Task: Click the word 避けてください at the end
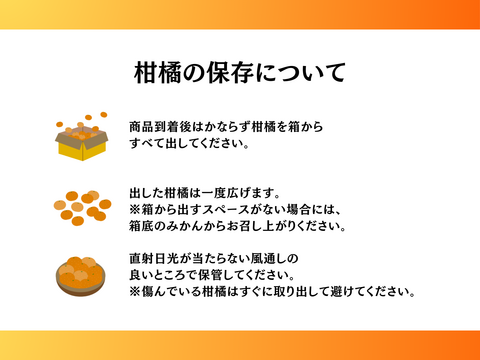(379, 291)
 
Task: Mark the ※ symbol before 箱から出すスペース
(135, 208)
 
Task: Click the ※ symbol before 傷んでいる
(135, 291)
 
